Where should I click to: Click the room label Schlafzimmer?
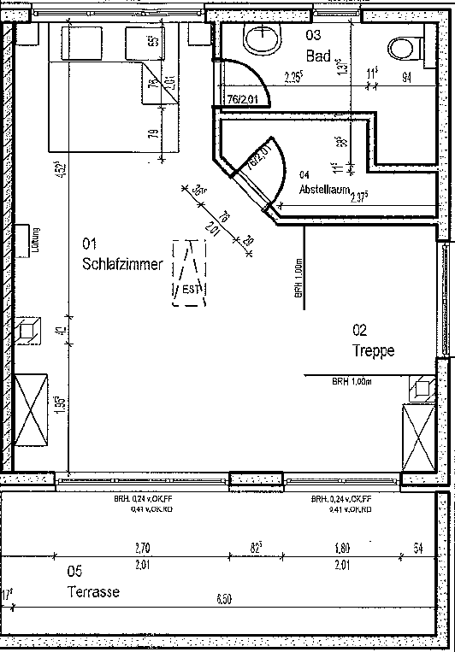coord(121,264)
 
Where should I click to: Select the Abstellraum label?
coord(324,191)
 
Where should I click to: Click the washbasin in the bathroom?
coord(260,38)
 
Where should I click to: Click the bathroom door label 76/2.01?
coord(244,100)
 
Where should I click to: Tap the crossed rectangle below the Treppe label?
coord(418,435)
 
